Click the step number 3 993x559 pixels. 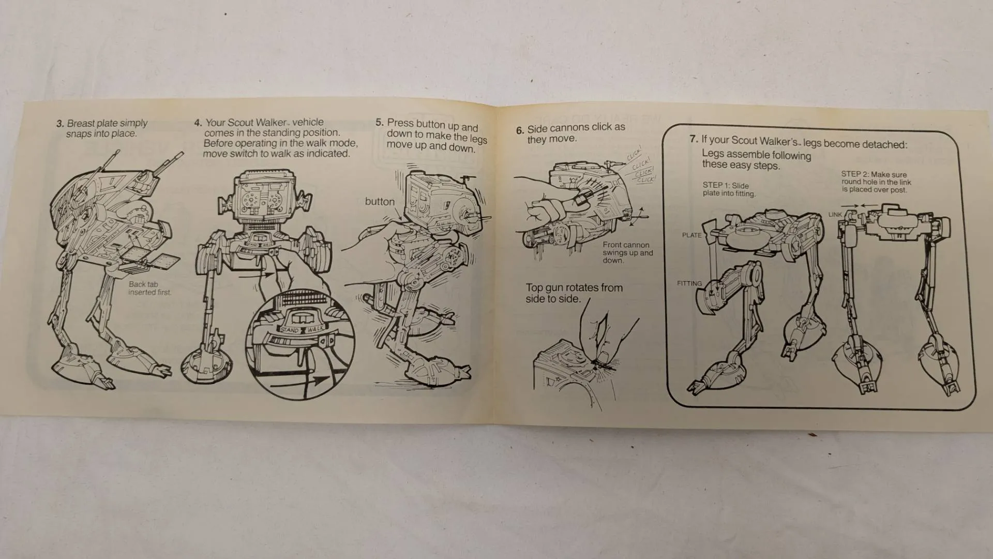point(60,124)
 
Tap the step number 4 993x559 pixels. point(198,123)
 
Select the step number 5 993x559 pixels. point(380,123)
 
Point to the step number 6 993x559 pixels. point(520,130)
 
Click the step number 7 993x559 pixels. point(694,139)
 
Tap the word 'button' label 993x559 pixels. point(380,202)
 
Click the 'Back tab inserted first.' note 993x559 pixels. point(149,288)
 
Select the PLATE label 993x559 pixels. point(691,235)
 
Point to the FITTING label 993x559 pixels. point(689,283)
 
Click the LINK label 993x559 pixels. point(835,214)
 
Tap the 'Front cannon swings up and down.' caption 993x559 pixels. point(627,253)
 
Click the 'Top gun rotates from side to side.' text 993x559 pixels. point(574,293)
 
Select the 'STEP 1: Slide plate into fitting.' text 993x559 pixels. point(729,189)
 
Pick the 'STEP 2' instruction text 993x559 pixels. point(876,182)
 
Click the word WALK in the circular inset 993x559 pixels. point(315,329)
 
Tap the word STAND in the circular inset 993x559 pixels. point(291,330)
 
